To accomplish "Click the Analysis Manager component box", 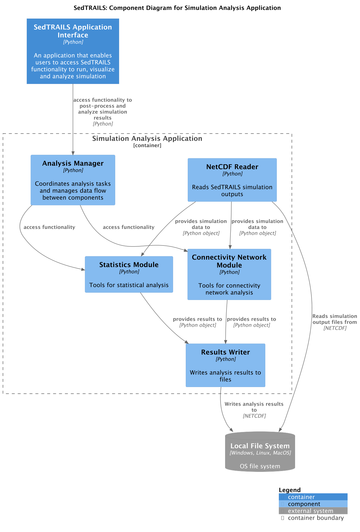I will pos(73,180).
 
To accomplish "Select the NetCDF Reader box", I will pos(232,180).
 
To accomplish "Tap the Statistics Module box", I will pos(129,274).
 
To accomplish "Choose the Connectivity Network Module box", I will pos(229,274).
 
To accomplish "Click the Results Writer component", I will pos(225,365).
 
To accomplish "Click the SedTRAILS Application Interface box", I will pos(73,51).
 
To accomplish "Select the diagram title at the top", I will pos(177,8).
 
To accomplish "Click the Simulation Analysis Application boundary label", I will pos(147,138).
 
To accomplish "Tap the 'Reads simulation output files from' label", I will pos(334,319).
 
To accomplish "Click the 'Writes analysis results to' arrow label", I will pos(254,407).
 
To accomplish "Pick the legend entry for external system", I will pos(310,511).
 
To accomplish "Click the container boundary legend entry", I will pos(316,518).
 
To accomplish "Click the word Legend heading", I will pos(289,490).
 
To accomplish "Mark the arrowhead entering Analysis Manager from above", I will pos(73,153).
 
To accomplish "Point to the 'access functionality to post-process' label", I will pos(103,109).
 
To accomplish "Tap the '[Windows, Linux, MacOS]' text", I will pos(260,453).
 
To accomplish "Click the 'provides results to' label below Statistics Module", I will pos(197,319).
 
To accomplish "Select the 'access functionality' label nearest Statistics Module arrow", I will pos(49,227).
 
